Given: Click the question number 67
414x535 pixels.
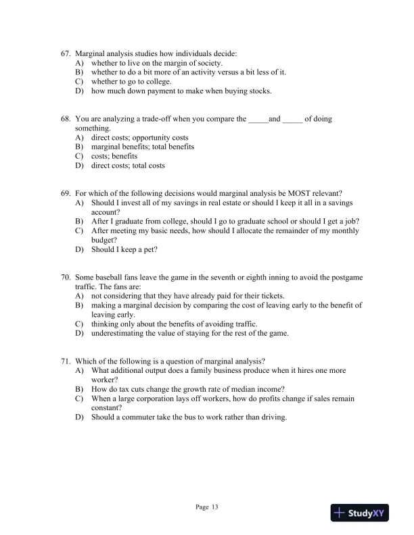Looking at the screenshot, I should coord(66,53).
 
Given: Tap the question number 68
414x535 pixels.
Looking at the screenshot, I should coord(66,119).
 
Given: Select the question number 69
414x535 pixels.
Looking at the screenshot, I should coord(66,193).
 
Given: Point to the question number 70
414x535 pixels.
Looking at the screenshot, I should coord(66,277).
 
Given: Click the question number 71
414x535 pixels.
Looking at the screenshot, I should coord(66,361).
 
